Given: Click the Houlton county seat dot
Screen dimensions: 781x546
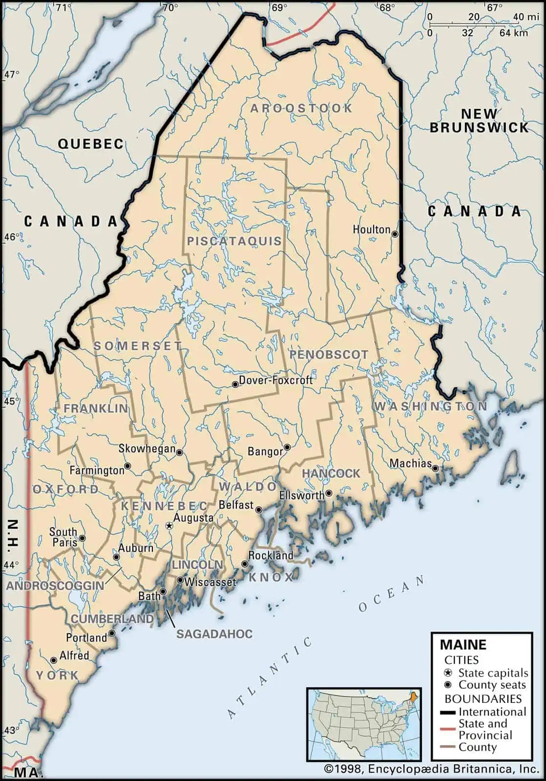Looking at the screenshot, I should (x=395, y=234).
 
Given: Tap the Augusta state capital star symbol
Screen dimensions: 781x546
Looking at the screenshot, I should (x=169, y=526).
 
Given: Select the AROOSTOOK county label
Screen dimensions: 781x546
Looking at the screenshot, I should (x=301, y=108).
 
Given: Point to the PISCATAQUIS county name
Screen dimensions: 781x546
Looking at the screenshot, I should (x=234, y=241).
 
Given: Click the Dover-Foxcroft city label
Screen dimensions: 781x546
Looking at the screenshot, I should (x=276, y=380).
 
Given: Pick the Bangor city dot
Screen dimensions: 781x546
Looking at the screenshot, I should (x=288, y=447).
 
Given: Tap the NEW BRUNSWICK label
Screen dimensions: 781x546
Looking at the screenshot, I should (x=479, y=121).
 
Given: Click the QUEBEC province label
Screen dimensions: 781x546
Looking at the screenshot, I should (x=91, y=144).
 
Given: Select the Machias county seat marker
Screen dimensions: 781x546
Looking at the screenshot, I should (x=435, y=468).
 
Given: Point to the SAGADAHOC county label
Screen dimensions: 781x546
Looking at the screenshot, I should (x=214, y=634).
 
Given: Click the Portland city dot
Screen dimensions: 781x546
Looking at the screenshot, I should (x=112, y=633).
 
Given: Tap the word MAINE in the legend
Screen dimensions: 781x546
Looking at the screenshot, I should (x=463, y=645).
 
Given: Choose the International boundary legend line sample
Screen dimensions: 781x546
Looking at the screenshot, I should (x=448, y=712).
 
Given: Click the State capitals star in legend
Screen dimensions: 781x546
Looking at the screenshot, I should (x=448, y=673).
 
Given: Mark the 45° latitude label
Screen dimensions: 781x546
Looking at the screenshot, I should (x=12, y=401).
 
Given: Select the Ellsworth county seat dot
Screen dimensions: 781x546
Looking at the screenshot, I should (x=329, y=493).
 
